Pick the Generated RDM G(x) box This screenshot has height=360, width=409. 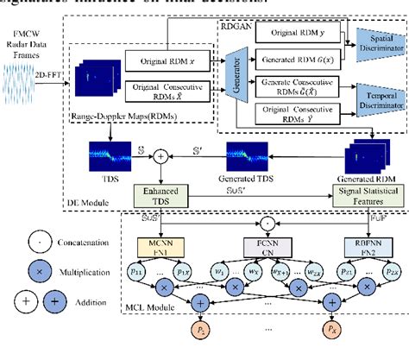(x=293, y=56)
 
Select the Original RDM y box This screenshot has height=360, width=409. (x=293, y=33)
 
